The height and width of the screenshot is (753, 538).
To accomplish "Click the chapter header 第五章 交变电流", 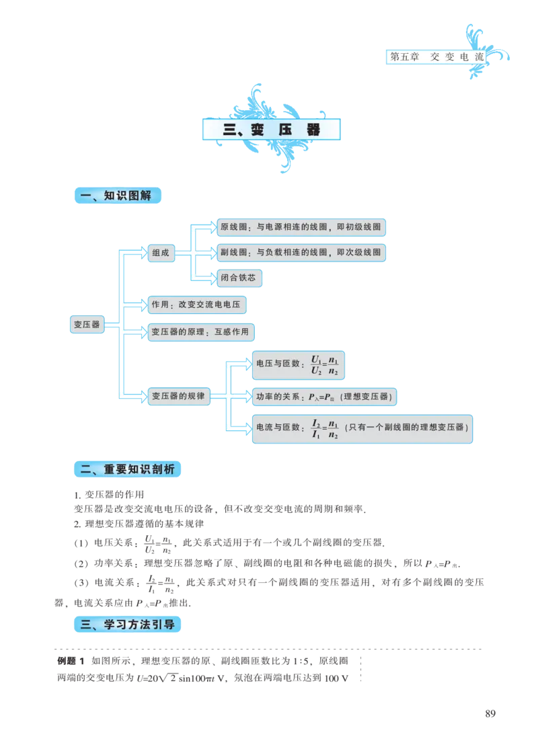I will point(436,57).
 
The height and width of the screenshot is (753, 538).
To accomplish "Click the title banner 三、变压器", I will point(272,130).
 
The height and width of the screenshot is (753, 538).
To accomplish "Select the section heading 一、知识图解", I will point(118,196).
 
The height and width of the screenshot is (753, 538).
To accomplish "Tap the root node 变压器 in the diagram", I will point(87,325).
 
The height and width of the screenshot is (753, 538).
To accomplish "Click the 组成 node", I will point(161,253).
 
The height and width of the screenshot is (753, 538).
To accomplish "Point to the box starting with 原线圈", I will point(301,227).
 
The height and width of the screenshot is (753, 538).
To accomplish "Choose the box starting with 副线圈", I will point(301,253).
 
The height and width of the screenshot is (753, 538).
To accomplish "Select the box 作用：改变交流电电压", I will point(196,305).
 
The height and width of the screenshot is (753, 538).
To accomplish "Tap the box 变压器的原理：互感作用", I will point(200,331).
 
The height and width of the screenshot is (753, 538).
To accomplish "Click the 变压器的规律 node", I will point(178,396).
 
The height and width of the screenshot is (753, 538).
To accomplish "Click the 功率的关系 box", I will point(324,397).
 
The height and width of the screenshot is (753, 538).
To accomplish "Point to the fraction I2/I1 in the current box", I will point(316,429).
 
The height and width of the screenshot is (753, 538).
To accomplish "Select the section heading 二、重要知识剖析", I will point(126,469).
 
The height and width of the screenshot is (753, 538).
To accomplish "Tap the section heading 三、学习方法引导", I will point(126,625).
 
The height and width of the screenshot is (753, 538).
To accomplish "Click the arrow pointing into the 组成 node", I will point(137,253).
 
